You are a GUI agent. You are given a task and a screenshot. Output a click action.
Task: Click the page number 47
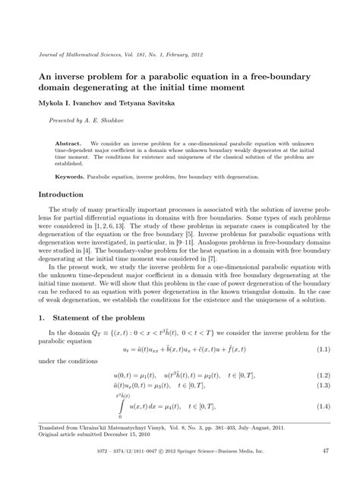324,450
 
